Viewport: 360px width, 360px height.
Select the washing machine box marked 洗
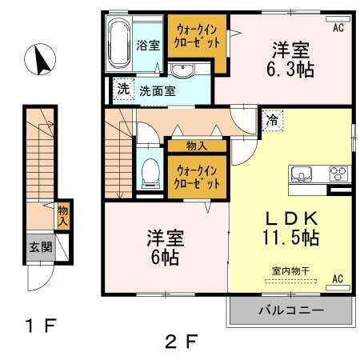tap(123, 89)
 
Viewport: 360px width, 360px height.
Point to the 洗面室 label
tap(158, 90)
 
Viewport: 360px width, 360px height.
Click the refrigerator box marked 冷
tap(272, 122)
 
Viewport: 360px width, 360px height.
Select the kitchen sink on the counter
tap(303, 173)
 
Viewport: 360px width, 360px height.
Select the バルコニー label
tap(290, 310)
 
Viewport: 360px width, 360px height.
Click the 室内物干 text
tap(291, 271)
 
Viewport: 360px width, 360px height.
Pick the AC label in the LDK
tap(337, 278)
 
